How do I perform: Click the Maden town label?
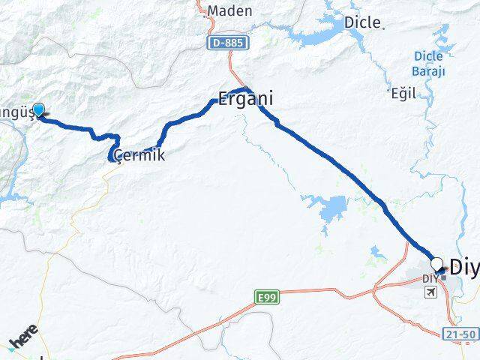coord(230,11)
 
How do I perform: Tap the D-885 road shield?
coord(226,44)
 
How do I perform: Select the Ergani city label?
coord(244,98)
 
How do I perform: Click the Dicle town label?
coord(361,22)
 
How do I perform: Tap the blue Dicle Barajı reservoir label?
coord(430,63)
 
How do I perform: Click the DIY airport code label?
coord(429,279)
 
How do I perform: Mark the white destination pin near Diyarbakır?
coord(437,263)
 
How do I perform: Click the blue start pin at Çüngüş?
coord(38,110)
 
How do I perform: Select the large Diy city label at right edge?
coord(464,267)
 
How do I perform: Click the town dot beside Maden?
coord(203,10)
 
